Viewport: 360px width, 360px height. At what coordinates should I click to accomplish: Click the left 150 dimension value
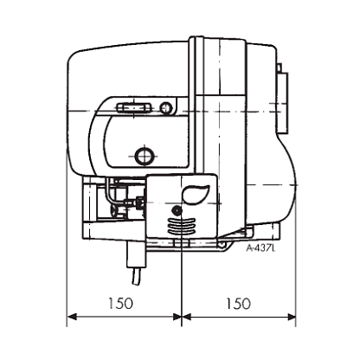(120, 303)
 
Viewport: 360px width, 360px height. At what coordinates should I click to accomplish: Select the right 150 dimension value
(238, 303)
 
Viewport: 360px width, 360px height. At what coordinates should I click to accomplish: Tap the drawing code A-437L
(260, 248)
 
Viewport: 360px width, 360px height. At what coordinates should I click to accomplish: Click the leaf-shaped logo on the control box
(195, 193)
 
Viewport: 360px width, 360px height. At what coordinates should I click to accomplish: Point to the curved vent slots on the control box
(182, 226)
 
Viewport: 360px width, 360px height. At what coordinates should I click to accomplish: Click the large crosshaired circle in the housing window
(144, 156)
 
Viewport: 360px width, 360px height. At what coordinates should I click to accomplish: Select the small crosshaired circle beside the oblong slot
(166, 108)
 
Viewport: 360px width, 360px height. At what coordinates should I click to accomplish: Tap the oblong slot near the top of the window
(133, 108)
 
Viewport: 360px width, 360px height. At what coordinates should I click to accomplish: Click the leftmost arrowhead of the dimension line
(72, 317)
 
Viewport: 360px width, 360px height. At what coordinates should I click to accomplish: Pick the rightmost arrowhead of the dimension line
(291, 317)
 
